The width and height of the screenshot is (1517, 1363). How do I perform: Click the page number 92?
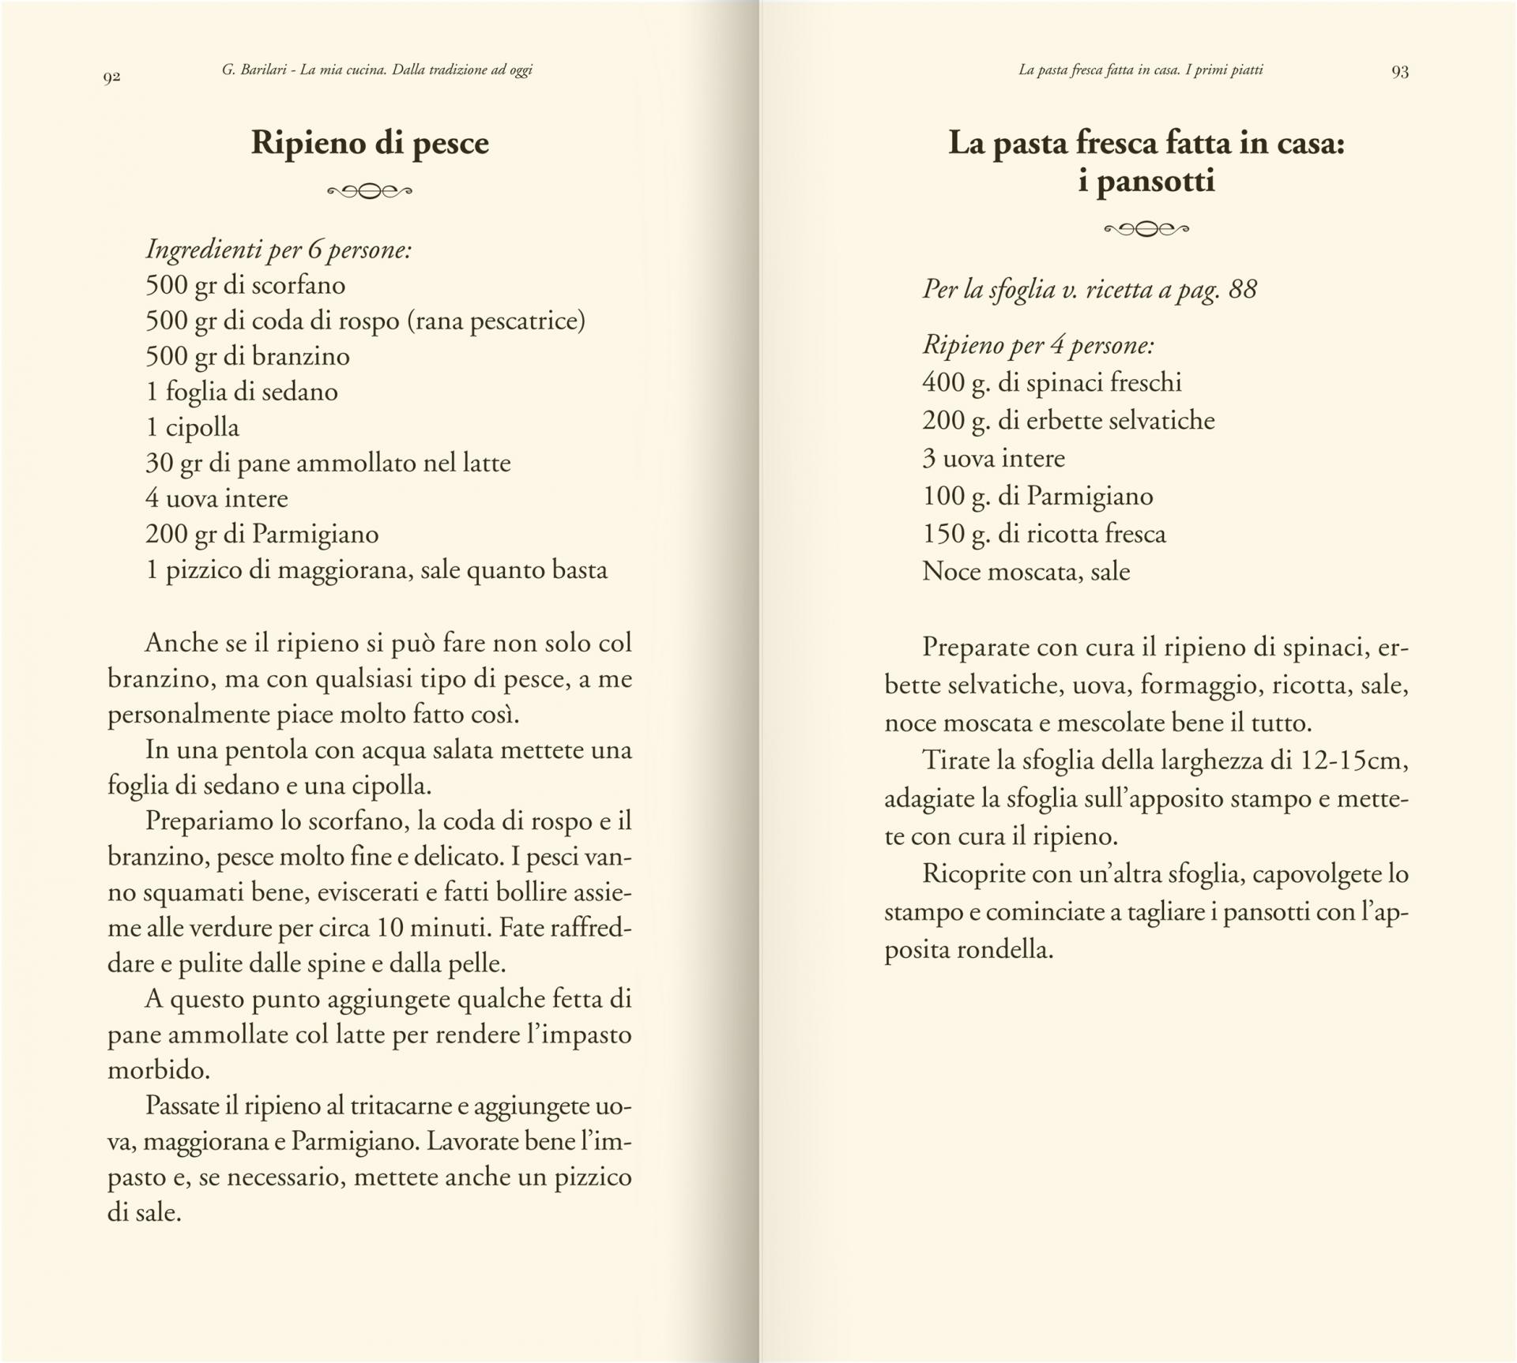click(111, 77)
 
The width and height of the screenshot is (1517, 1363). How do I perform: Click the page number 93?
click(1400, 72)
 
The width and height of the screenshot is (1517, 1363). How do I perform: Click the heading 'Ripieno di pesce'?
click(370, 143)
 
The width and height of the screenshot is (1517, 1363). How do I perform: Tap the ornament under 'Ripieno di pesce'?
click(370, 191)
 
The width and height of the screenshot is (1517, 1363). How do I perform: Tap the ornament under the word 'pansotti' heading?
click(1146, 230)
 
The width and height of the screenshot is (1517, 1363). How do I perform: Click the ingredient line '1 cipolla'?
click(193, 427)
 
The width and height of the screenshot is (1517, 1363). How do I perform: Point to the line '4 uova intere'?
click(216, 498)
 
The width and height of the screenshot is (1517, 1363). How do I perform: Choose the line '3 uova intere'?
click(994, 458)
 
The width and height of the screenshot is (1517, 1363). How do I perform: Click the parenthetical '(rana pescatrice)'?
click(496, 321)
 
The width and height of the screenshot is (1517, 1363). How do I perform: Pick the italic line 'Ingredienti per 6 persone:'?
click(278, 250)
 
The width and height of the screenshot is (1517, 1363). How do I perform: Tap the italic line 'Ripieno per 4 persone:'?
click(1038, 345)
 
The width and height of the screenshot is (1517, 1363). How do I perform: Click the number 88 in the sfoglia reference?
click(1243, 289)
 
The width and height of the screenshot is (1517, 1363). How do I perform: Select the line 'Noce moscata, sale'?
click(1026, 572)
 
